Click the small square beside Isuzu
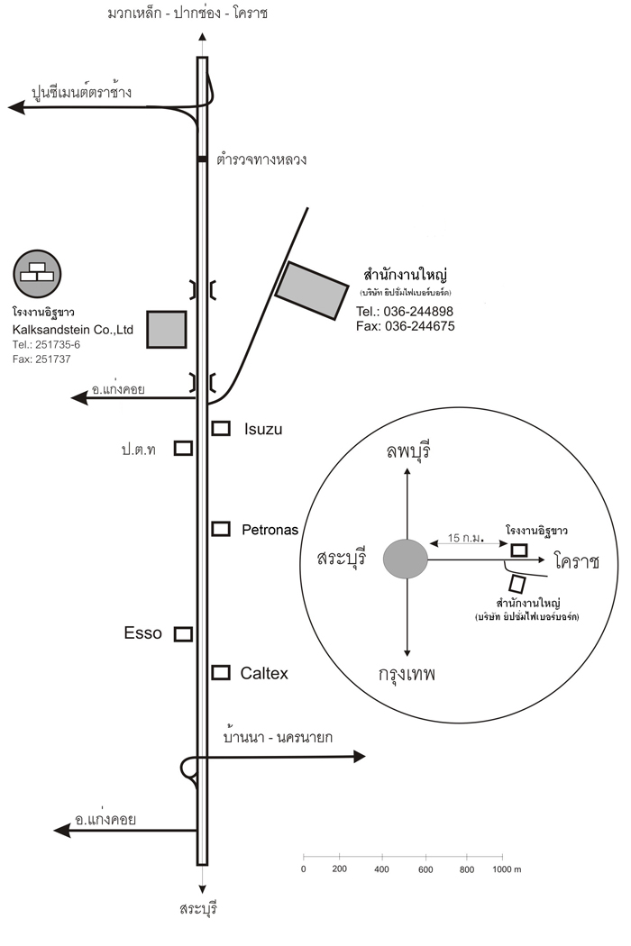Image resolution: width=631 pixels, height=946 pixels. point(220,428)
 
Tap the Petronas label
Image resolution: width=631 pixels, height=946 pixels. point(270,530)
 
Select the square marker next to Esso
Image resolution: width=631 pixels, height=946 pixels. point(183,634)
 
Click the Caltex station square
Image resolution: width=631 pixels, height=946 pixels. point(220,672)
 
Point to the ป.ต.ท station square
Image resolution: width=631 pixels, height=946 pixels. point(183,448)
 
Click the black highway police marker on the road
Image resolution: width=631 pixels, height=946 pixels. point(202,160)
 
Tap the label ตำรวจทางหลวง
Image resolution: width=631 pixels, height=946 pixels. point(262,159)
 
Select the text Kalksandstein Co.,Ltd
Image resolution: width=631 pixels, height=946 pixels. point(73,330)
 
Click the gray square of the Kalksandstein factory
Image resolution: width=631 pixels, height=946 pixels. point(167,329)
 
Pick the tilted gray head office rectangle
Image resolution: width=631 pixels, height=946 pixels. point(311,289)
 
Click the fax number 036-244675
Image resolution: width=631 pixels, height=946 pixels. point(406,326)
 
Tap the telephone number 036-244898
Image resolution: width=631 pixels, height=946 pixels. point(405,312)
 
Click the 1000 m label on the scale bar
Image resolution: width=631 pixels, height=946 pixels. point(507,869)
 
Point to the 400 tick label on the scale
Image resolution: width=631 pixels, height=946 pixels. point(381,869)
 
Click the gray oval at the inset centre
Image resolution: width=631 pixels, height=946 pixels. point(405,559)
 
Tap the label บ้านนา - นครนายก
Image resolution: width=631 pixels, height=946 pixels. point(278,737)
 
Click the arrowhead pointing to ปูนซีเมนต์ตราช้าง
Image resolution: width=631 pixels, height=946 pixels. point(16,107)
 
